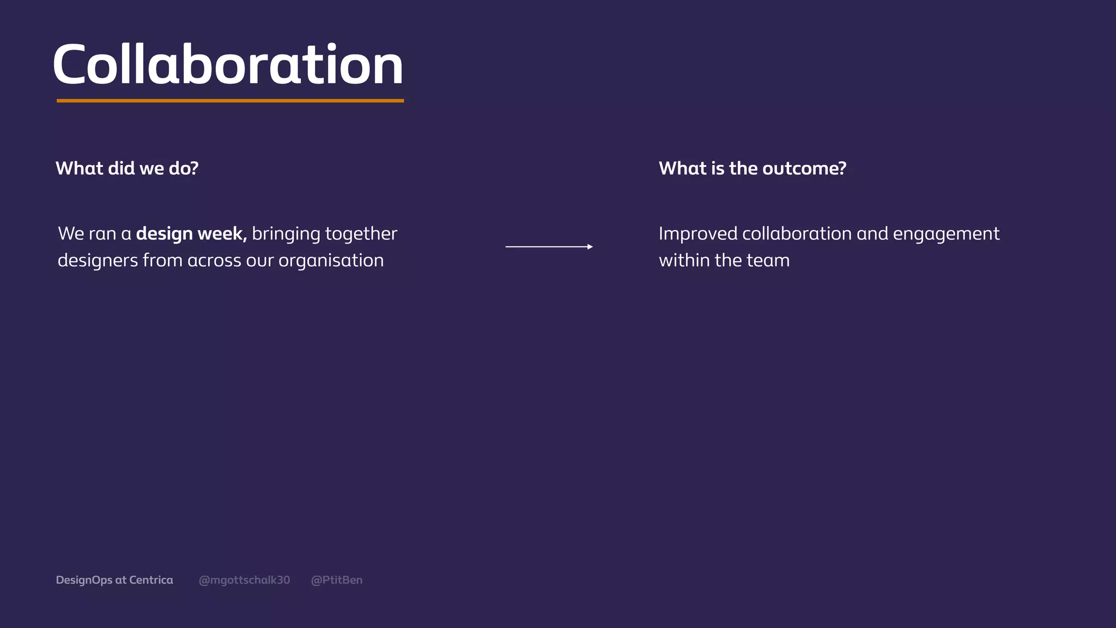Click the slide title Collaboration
click(228, 65)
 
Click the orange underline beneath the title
click(230, 101)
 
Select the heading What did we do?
click(127, 168)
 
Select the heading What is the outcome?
click(752, 168)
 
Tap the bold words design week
click(191, 234)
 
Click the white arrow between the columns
click(548, 247)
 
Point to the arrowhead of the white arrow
click(590, 247)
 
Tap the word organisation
click(331, 261)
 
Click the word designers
click(98, 261)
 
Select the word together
click(361, 234)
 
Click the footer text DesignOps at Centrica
click(114, 580)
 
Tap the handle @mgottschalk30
click(244, 580)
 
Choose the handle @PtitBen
click(336, 580)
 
